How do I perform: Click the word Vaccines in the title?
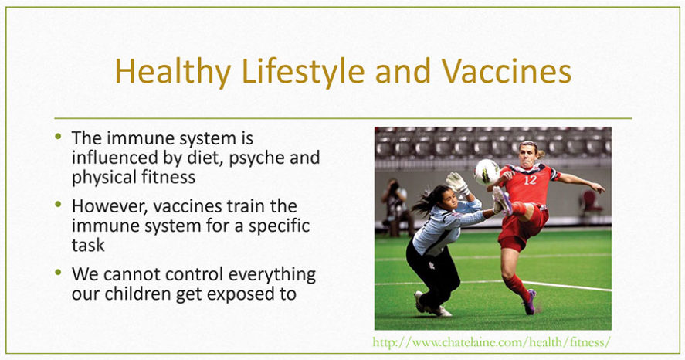[x=506, y=71]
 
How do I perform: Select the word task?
[x=88, y=245]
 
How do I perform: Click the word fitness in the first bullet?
[x=168, y=177]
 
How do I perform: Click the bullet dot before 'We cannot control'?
[x=58, y=273]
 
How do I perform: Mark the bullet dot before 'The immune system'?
[x=58, y=136]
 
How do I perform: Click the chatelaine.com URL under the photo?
[x=491, y=341]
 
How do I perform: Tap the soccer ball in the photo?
[x=487, y=172]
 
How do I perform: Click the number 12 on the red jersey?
[x=530, y=179]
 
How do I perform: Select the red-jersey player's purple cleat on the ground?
[x=530, y=302]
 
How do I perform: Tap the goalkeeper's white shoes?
[x=430, y=305]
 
